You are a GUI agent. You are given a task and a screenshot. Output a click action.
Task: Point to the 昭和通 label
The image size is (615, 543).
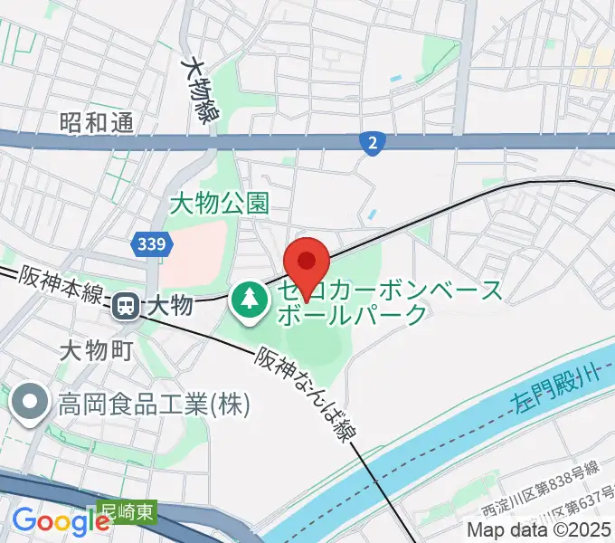[x=97, y=122]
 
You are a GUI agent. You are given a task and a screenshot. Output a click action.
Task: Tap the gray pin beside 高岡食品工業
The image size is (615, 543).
[x=30, y=402]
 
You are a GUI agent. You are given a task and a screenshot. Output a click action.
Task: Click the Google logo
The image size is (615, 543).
[x=60, y=522]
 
